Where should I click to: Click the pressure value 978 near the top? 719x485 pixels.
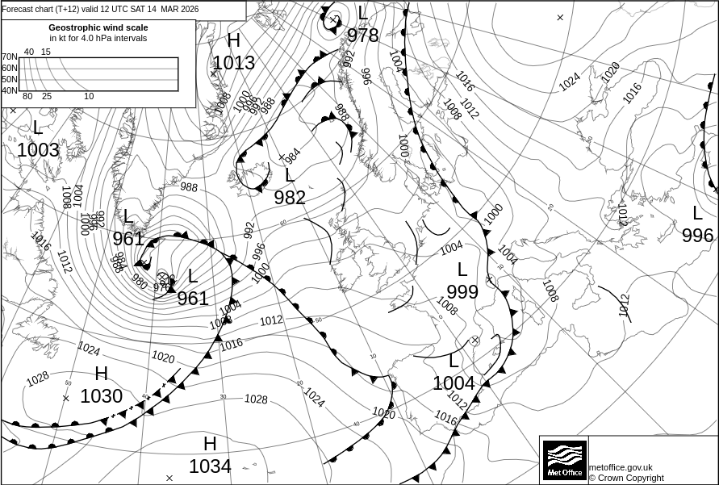(363, 36)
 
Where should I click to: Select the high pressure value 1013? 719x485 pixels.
(234, 63)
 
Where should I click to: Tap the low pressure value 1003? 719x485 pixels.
(38, 150)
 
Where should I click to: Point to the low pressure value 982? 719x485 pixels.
(290, 198)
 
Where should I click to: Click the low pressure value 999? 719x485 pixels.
(462, 292)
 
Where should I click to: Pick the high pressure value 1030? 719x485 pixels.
(101, 396)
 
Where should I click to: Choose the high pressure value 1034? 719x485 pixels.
(210, 466)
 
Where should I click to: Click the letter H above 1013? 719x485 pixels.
(234, 41)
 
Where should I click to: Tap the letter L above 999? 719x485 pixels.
(462, 270)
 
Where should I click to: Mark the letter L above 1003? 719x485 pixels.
(37, 128)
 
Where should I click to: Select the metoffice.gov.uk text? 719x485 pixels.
(621, 467)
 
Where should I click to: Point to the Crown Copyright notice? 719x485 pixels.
(626, 478)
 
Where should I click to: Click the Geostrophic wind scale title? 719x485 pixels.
(98, 27)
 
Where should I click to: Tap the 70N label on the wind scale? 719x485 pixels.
(9, 57)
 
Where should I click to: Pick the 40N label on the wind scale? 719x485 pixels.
(9, 90)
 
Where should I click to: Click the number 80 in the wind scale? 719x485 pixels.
(27, 97)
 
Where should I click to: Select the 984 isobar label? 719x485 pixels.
(292, 153)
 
